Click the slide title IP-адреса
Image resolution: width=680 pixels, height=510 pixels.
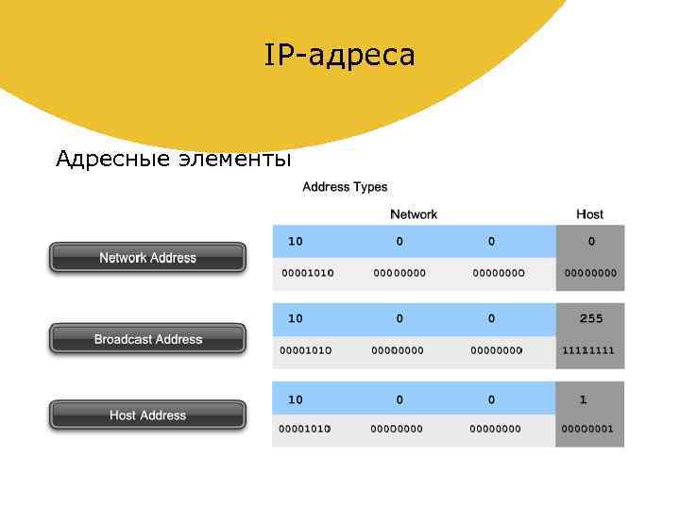(x=339, y=56)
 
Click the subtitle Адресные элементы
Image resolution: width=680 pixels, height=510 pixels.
(x=173, y=158)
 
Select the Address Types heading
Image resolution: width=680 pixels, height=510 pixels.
(x=345, y=187)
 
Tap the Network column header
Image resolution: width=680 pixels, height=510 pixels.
(x=414, y=214)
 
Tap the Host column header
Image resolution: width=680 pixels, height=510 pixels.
(x=589, y=214)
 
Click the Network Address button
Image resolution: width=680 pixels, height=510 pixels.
(x=147, y=258)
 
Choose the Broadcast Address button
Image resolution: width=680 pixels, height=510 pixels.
(x=147, y=339)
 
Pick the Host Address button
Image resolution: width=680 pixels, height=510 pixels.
(x=147, y=416)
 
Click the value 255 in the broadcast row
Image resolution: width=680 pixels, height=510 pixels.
(x=591, y=319)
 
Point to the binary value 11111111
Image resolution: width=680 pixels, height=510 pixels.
(x=588, y=350)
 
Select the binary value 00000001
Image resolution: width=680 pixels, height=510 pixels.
(x=587, y=429)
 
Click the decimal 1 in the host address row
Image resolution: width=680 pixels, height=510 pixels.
(x=584, y=400)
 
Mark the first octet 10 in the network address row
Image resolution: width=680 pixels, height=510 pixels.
(x=296, y=242)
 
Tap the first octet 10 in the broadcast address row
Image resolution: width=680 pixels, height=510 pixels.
(x=296, y=319)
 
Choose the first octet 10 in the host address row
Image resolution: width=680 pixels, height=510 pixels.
(x=296, y=400)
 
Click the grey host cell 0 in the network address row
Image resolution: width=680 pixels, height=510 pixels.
(x=591, y=242)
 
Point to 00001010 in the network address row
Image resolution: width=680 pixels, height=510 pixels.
(x=307, y=273)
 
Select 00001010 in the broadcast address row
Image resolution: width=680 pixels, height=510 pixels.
(x=305, y=350)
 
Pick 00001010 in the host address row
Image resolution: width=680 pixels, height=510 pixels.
(x=305, y=429)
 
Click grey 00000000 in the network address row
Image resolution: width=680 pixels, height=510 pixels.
(x=590, y=273)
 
